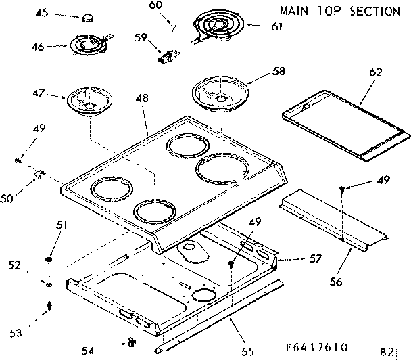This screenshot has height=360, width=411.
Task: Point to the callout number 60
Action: [x=155, y=5]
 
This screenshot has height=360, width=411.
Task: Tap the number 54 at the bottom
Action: [x=88, y=350]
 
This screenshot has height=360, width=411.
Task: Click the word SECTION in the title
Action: [x=375, y=11]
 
